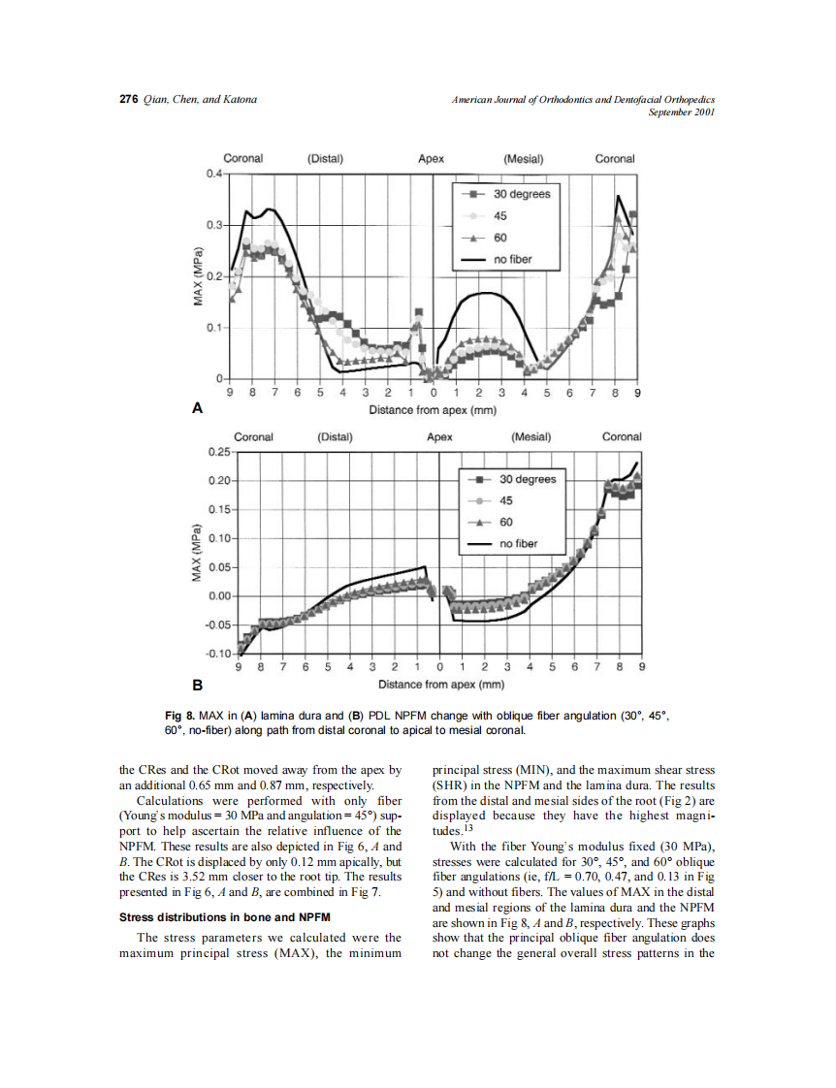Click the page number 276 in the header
tap(128, 100)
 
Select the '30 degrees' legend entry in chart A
tap(522, 194)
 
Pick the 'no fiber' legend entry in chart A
tap(512, 260)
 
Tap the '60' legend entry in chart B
tap(506, 523)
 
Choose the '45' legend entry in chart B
tap(506, 501)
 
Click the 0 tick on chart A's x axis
tap(433, 394)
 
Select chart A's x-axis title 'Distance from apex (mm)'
tap(433, 410)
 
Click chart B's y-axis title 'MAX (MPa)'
tap(197, 555)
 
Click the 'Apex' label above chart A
tap(431, 159)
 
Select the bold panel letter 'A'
tap(198, 408)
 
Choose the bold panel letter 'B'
tap(198, 685)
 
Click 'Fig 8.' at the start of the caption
tap(179, 716)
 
